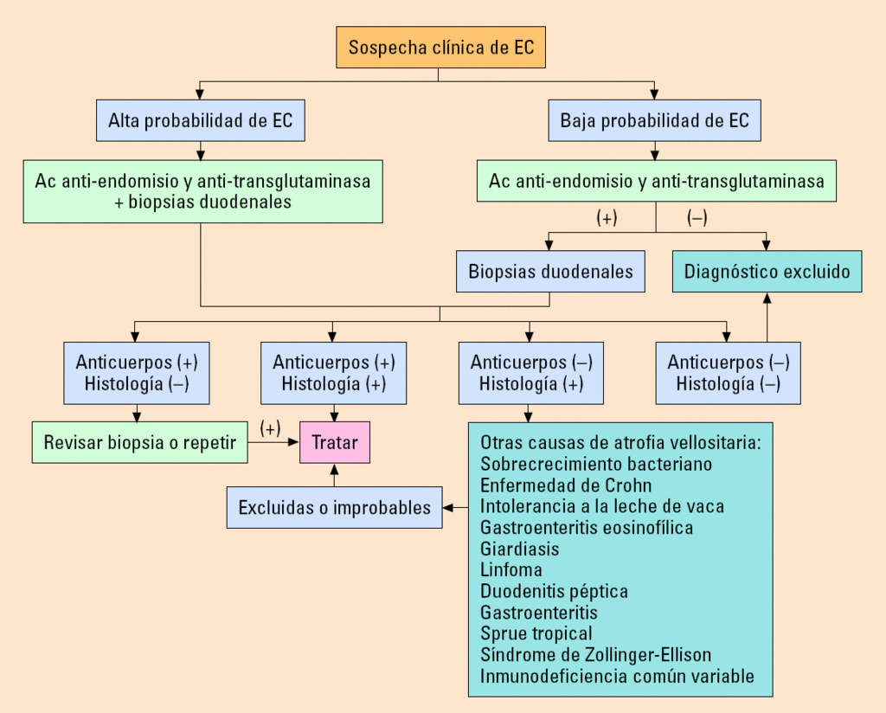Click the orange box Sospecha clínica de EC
click(441, 47)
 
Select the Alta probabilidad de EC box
click(201, 120)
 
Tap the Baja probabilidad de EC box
click(655, 120)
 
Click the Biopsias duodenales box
click(551, 272)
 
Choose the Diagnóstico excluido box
click(767, 272)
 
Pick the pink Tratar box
click(335, 443)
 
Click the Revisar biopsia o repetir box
click(139, 443)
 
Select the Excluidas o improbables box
click(335, 508)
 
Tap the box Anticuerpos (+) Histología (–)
click(137, 373)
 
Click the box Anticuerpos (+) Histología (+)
click(334, 373)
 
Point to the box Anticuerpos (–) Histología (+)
click(531, 373)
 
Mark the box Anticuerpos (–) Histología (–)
click(729, 373)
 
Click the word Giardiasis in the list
click(520, 549)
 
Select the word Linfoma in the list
click(511, 570)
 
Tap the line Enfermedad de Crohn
click(566, 485)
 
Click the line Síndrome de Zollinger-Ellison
click(595, 655)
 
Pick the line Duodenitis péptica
click(554, 592)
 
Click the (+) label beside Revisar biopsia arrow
click(271, 428)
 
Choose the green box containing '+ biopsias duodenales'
click(203, 191)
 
